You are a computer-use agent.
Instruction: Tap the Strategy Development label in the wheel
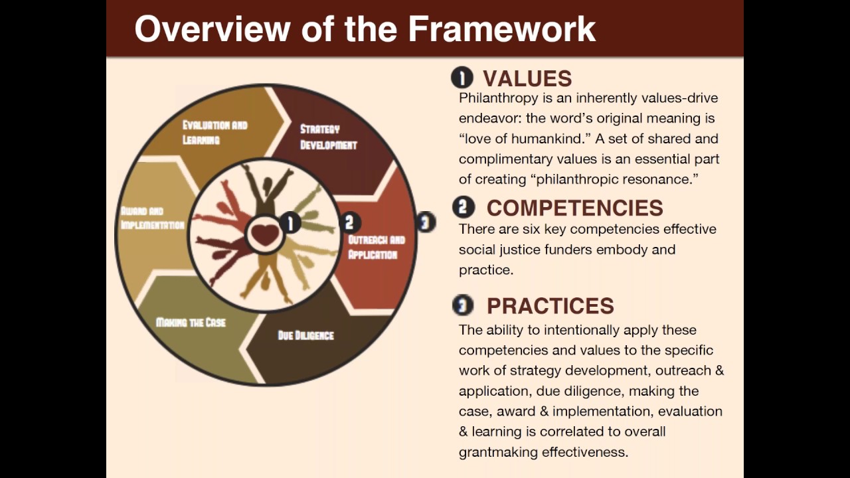(x=328, y=137)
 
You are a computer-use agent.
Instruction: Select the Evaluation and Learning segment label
(x=214, y=132)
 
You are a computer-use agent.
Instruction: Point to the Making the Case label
(x=191, y=323)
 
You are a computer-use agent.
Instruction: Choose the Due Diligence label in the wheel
(x=305, y=335)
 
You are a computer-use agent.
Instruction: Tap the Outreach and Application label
(x=376, y=247)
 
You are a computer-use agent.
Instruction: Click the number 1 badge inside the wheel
(x=290, y=223)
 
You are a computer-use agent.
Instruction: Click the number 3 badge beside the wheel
(x=426, y=222)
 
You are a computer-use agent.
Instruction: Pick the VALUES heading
(x=527, y=78)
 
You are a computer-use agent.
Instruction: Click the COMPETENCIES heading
(x=574, y=208)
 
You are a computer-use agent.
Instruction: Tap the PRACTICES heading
(x=550, y=305)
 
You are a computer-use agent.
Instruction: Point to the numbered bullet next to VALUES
(x=462, y=78)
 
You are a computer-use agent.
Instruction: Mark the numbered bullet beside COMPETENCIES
(x=463, y=207)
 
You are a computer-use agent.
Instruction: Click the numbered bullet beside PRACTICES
(x=463, y=305)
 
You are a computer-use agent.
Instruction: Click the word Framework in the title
(x=501, y=29)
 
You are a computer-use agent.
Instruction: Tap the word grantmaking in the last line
(x=498, y=452)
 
